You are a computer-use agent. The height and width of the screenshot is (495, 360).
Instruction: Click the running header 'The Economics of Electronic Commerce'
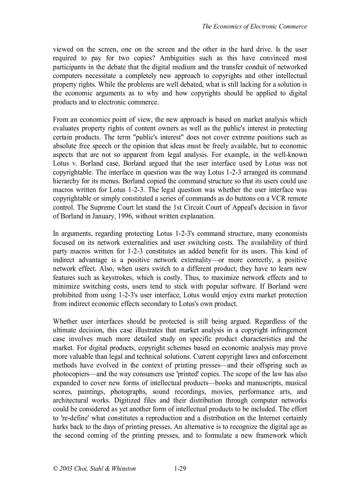click(x=255, y=26)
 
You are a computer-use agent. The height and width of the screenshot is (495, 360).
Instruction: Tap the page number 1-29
click(x=180, y=469)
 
